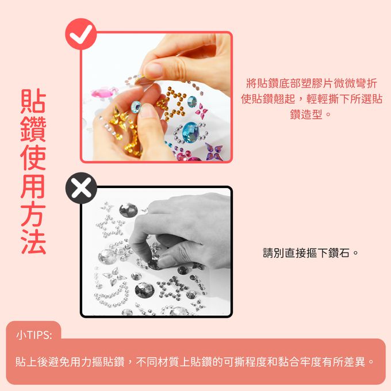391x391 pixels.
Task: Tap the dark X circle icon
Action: pyautogui.click(x=81, y=187)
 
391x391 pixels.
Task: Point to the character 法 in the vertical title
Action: pyautogui.click(x=33, y=242)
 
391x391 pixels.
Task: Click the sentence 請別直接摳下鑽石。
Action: pyautogui.click(x=310, y=252)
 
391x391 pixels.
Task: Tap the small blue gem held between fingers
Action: pyautogui.click(x=136, y=106)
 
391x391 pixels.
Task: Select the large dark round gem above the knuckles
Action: pyautogui.click(x=127, y=212)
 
